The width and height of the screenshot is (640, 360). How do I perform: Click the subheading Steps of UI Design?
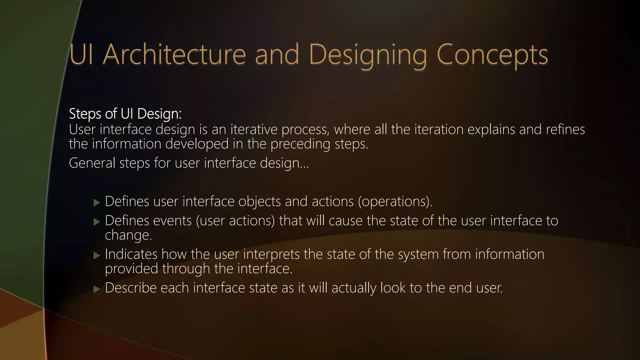[x=125, y=114]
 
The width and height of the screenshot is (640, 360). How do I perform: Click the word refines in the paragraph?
[x=565, y=129]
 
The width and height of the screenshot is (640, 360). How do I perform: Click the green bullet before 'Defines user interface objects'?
[x=97, y=203]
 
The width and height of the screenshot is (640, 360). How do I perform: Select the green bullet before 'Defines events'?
[x=97, y=222]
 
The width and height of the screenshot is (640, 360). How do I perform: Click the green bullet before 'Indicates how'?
[x=97, y=256]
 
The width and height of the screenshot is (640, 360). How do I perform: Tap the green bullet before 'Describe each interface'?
[x=97, y=289]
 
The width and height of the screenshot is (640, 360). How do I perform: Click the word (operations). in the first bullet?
[x=395, y=202]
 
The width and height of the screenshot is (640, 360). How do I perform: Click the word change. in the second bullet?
[x=128, y=235]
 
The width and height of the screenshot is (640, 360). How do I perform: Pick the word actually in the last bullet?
[x=354, y=288]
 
